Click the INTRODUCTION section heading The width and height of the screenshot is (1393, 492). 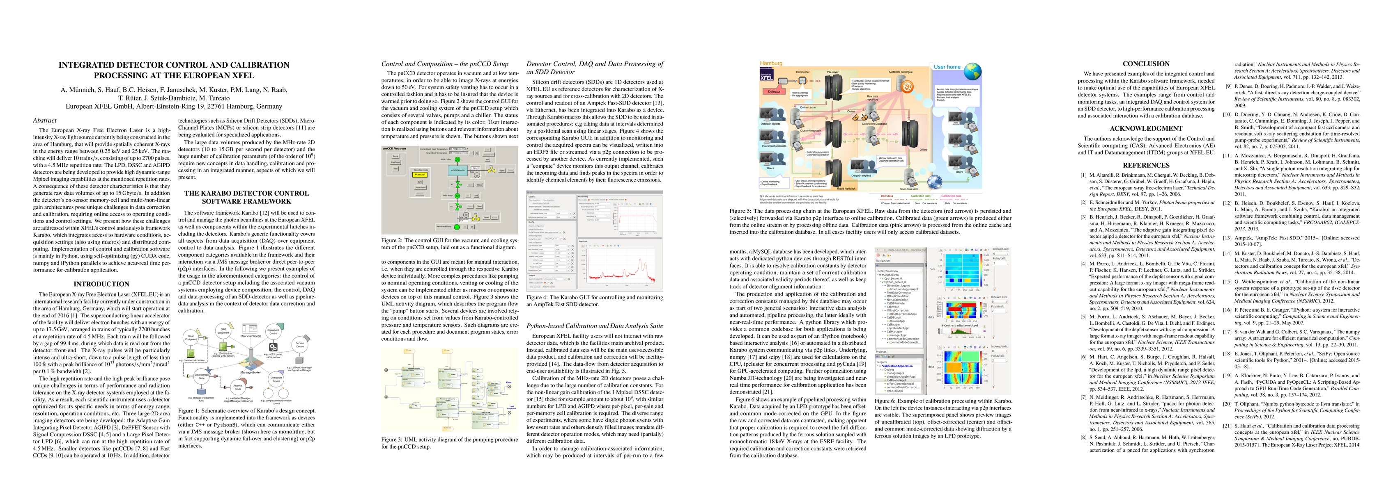(x=101, y=284)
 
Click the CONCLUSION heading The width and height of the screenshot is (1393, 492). (x=1145, y=64)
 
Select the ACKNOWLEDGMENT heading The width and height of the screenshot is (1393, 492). (x=1145, y=129)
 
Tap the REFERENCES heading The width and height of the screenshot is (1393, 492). (x=1145, y=165)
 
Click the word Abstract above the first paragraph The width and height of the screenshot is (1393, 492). (x=44, y=121)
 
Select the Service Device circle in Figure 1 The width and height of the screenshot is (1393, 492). (x=299, y=344)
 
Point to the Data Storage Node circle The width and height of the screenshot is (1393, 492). (x=202, y=376)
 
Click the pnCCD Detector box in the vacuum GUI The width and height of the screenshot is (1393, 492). (x=457, y=170)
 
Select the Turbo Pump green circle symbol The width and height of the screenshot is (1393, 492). (x=457, y=196)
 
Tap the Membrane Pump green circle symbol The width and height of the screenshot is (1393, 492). (x=457, y=226)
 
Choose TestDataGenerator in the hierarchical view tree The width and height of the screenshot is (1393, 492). (x=898, y=292)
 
